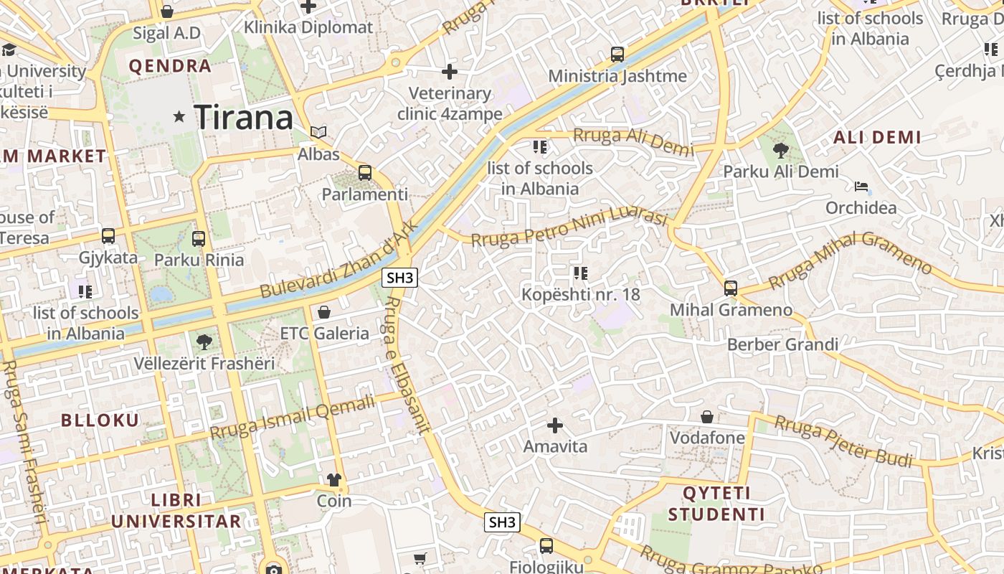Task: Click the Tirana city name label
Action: (x=244, y=117)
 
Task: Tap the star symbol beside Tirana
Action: (x=179, y=116)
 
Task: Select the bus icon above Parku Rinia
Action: (x=199, y=239)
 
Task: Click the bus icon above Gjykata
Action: (x=108, y=236)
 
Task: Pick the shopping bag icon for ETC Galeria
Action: (x=324, y=312)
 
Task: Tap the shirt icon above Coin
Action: (x=334, y=479)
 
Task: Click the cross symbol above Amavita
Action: (x=555, y=425)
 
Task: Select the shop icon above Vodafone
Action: (x=707, y=417)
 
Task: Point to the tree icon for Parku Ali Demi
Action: (x=781, y=151)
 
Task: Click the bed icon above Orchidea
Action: (x=861, y=187)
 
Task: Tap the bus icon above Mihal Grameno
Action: (x=731, y=288)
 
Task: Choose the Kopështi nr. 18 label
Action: (x=581, y=294)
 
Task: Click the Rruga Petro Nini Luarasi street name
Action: (x=570, y=228)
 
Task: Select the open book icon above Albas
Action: (x=318, y=133)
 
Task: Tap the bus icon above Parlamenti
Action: (x=365, y=173)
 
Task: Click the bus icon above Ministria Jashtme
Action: (x=617, y=55)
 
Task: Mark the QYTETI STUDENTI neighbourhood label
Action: (x=716, y=504)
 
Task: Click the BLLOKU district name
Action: (x=100, y=420)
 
